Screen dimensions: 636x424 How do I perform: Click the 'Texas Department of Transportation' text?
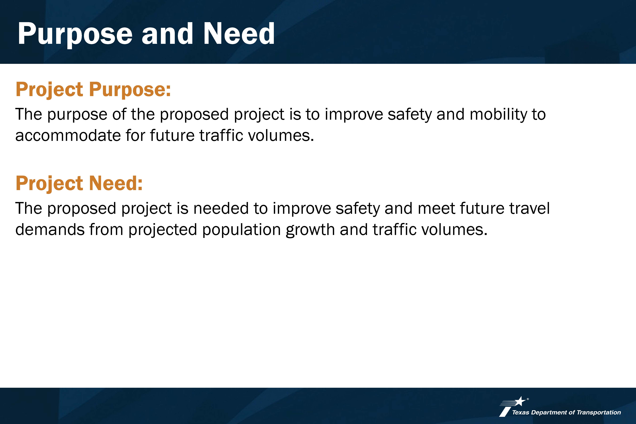pyautogui.click(x=567, y=412)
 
